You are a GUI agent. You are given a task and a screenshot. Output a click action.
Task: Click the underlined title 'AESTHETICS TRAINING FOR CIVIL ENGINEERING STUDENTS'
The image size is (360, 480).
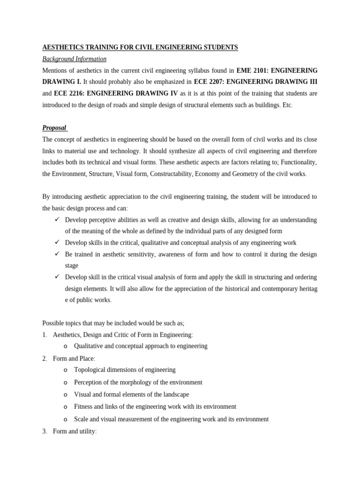coord(140,47)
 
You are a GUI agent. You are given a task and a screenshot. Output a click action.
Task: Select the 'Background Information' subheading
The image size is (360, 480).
coord(74,59)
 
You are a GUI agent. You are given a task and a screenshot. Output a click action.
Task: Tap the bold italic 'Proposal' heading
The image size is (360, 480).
coord(54,128)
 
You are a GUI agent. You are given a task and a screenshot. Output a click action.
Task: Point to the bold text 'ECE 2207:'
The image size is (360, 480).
coord(209,82)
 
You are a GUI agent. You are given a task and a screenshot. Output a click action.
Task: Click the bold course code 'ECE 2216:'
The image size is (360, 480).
coord(69,93)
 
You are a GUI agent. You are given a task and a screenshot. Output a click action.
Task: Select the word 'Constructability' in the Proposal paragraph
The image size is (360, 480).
coord(170,173)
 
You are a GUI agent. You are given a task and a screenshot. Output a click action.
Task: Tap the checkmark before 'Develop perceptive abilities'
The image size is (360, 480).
coord(57,219)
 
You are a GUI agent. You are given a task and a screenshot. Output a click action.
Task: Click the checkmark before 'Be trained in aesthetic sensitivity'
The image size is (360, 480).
coord(57,254)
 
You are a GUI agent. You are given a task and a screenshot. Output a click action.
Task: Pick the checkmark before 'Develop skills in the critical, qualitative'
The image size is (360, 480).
coord(57,242)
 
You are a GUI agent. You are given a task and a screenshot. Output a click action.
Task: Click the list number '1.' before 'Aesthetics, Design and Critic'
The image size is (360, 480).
coord(45,335)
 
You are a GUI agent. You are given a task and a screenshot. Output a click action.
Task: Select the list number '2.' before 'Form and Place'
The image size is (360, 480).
coord(45,359)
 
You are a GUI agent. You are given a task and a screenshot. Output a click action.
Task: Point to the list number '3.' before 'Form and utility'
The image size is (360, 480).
coord(45,431)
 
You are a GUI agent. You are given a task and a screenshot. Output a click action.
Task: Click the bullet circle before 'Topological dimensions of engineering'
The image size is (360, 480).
coord(66,370)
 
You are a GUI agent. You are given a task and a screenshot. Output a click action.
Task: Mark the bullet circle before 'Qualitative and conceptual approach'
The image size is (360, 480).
coord(66,346)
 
